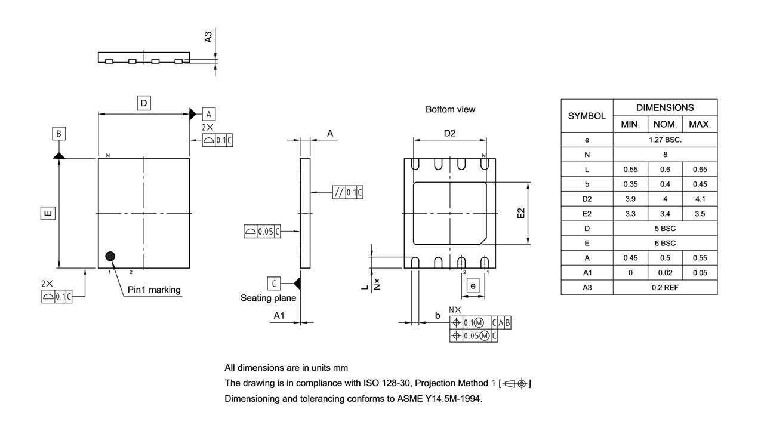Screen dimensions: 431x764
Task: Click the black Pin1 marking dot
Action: pyautogui.click(x=110, y=256)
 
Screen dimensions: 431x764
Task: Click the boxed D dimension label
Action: pyautogui.click(x=143, y=103)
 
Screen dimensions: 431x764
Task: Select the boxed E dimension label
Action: pyautogui.click(x=48, y=213)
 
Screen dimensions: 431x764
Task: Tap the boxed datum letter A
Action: pyautogui.click(x=209, y=113)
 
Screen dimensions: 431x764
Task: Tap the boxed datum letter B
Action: pyautogui.click(x=58, y=134)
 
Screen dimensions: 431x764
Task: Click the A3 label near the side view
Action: pyautogui.click(x=208, y=37)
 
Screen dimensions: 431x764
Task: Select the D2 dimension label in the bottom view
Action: pyautogui.click(x=449, y=134)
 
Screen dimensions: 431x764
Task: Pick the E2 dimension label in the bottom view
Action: pyautogui.click(x=521, y=213)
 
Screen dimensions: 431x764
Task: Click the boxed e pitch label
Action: pyautogui.click(x=473, y=286)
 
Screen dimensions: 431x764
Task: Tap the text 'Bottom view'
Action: pyautogui.click(x=450, y=110)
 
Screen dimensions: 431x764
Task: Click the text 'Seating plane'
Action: pyautogui.click(x=268, y=298)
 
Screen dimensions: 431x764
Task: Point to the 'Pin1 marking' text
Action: pyautogui.click(x=154, y=290)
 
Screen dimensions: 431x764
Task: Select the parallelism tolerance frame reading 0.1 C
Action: pyautogui.click(x=348, y=192)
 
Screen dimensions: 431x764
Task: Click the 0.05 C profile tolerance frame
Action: pyautogui.click(x=262, y=232)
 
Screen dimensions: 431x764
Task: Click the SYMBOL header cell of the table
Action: pyautogui.click(x=587, y=116)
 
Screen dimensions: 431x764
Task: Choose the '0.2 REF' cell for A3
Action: pyautogui.click(x=665, y=287)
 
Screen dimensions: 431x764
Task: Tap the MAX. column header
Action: pyautogui.click(x=700, y=124)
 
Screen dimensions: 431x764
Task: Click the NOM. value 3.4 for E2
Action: pyautogui.click(x=665, y=213)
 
